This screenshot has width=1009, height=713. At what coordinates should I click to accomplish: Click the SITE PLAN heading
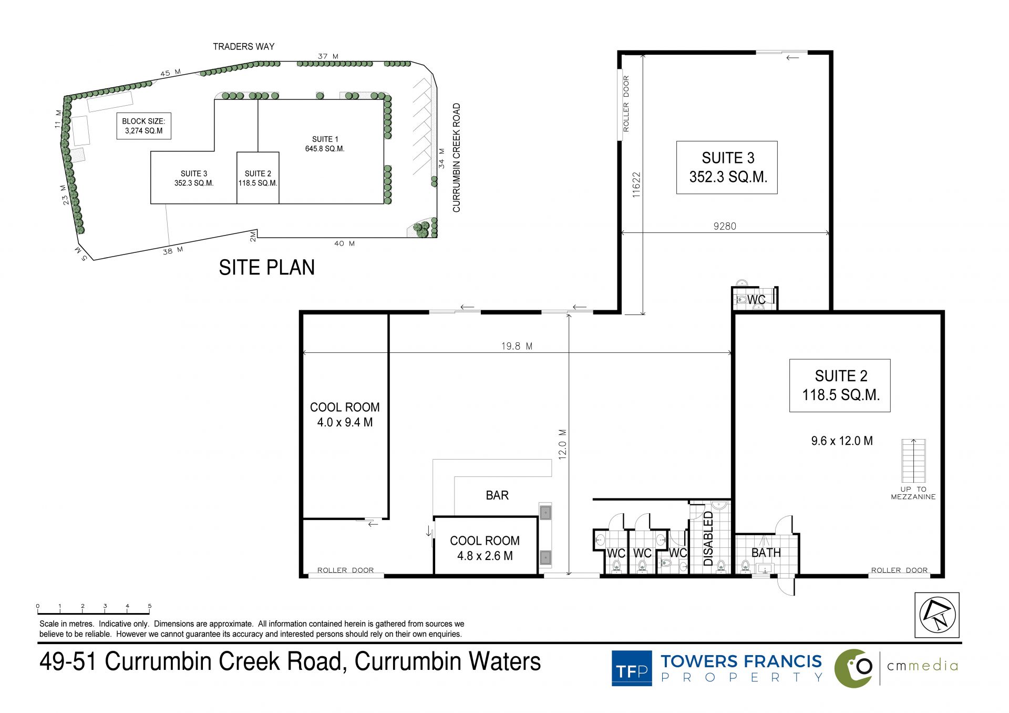(x=266, y=268)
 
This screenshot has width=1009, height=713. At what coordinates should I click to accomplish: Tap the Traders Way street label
(x=244, y=47)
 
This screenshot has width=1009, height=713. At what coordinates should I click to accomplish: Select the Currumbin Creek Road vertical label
(x=456, y=158)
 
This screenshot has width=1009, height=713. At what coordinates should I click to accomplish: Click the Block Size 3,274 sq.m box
(x=143, y=126)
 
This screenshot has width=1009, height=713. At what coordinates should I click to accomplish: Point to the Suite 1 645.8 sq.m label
(x=325, y=144)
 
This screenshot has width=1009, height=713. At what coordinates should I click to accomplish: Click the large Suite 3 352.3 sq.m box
(x=727, y=167)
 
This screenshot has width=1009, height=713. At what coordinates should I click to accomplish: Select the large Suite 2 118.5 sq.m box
(x=840, y=385)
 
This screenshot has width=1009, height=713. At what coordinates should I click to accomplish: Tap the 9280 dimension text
(x=725, y=226)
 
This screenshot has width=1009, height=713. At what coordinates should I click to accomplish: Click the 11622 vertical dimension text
(x=636, y=185)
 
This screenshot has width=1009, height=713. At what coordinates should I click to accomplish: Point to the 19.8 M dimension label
(x=517, y=346)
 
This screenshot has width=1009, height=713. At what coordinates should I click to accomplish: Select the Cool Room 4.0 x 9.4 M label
(x=345, y=415)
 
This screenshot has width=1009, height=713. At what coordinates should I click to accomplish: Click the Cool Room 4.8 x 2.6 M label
(x=485, y=548)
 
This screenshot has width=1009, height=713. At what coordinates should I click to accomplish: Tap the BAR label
(x=497, y=495)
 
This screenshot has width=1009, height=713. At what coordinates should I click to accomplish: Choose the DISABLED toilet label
(x=708, y=538)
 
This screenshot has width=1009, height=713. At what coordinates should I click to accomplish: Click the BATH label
(x=766, y=553)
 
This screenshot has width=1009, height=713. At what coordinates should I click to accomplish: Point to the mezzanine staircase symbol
(x=913, y=461)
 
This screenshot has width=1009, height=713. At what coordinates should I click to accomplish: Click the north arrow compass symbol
(x=937, y=615)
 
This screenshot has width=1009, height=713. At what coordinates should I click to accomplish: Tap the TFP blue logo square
(x=632, y=668)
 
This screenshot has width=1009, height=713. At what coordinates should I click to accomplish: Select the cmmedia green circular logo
(x=854, y=668)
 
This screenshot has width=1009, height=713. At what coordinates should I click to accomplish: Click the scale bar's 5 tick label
(x=150, y=606)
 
